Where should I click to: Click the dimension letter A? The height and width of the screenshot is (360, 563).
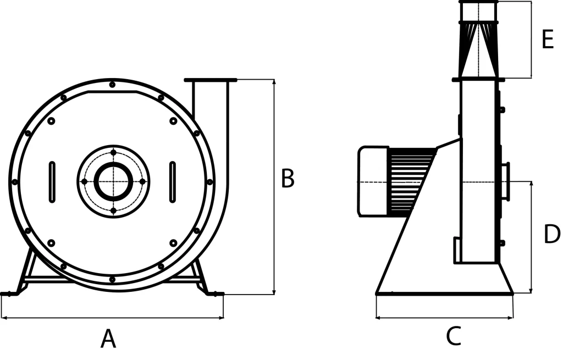tap(108, 339)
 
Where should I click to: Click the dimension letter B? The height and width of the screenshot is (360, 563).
tap(288, 178)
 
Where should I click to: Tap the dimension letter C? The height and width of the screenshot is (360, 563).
tap(454, 336)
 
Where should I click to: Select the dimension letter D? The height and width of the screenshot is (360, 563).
tap(552, 234)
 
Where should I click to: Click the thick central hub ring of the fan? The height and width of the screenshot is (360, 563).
tap(113, 181)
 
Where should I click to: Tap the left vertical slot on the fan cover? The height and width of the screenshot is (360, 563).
tap(52, 182)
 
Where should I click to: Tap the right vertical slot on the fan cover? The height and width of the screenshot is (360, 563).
tap(173, 182)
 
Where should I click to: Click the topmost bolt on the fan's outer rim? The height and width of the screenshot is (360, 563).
tap(112, 85)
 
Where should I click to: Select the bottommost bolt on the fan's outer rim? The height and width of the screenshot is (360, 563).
tap(112, 279)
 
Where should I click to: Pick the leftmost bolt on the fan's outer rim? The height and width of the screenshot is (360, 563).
tap(14, 182)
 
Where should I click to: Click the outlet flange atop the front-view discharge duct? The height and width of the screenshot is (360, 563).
tap(211, 80)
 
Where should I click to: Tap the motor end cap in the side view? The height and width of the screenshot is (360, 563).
tap(373, 181)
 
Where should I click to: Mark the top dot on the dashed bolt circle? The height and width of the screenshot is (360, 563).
tap(113, 153)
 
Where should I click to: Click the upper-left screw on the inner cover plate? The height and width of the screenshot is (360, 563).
tap(51, 121)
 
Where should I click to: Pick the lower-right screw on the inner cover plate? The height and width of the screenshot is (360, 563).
tap(173, 243)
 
